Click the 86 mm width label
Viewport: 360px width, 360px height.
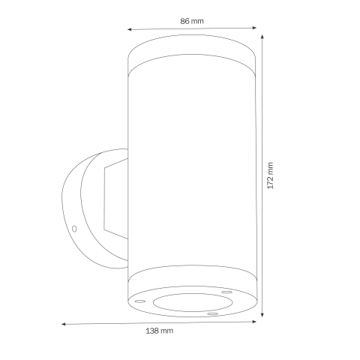coord(192,20)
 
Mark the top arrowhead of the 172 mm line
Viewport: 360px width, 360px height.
coord(262,35)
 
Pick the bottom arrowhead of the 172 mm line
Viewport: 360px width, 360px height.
coord(262,316)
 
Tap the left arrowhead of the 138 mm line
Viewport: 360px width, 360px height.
coord(63,325)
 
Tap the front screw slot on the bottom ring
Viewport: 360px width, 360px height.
coord(212,313)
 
